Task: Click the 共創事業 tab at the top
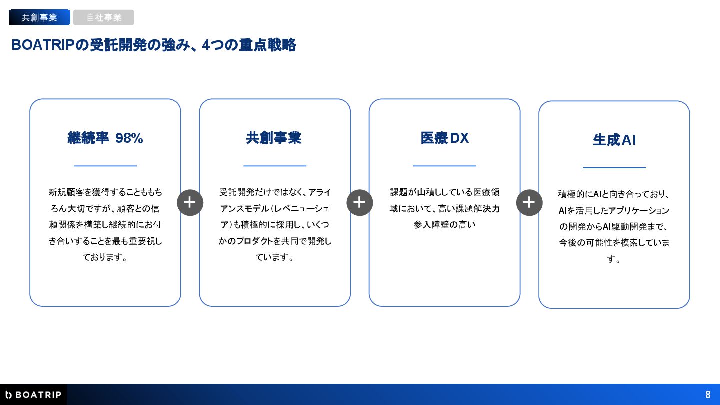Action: (39, 18)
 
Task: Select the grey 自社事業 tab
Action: (104, 18)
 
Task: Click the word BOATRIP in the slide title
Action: (42, 45)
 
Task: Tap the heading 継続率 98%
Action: (105, 138)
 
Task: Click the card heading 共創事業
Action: (274, 138)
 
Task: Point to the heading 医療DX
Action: (444, 138)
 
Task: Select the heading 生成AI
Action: (614, 140)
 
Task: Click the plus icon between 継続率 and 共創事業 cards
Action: (190, 202)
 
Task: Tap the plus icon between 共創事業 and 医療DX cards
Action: (360, 202)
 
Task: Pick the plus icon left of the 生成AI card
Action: (529, 202)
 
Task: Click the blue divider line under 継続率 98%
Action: (105, 166)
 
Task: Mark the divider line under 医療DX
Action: (444, 166)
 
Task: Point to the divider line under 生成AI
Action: (614, 168)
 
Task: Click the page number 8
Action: (708, 395)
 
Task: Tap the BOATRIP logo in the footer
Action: (33, 395)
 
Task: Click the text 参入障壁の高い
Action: (444, 225)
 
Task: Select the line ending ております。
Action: (105, 257)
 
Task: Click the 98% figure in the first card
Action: (129, 138)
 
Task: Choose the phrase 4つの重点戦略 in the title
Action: (249, 45)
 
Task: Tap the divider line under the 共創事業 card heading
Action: (275, 166)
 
